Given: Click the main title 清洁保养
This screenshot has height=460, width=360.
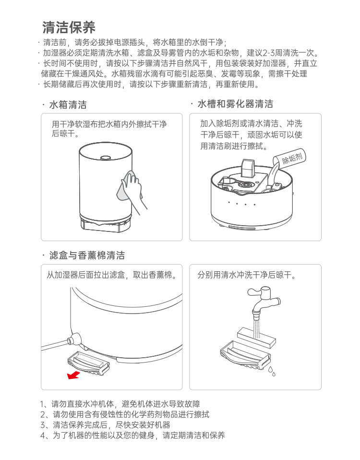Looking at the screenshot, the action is tap(69, 27).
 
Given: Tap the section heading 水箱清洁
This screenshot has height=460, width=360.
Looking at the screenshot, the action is tap(68, 105).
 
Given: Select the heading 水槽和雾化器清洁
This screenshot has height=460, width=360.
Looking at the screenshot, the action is tap(235, 104).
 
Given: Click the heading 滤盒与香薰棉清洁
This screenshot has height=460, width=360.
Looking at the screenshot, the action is tap(87, 255).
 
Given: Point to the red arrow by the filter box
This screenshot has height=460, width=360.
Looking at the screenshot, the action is tap(73, 375).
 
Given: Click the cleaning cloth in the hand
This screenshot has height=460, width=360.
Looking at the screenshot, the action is tap(127, 186).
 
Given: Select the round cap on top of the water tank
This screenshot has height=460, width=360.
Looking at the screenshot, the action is tap(105, 158).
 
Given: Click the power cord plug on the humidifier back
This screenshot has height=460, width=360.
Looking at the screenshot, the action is tap(74, 339).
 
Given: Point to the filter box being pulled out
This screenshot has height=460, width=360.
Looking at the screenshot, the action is tap(88, 363).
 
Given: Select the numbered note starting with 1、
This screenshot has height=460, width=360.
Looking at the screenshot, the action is tap(120, 404).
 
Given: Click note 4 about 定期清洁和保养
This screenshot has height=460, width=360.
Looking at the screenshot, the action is tap(132, 435).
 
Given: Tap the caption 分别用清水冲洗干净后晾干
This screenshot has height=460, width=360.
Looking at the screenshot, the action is tap(247, 275).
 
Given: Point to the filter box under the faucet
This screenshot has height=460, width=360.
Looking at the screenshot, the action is tap(245, 356).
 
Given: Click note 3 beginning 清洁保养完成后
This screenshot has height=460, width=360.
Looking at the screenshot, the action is tap(105, 425).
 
